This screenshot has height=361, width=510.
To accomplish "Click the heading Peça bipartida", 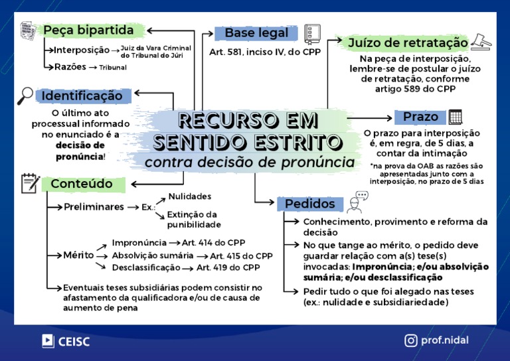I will click(88, 31).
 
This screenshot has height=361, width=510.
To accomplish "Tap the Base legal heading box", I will click(256, 33).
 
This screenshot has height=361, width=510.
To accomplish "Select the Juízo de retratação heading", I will click(408, 43).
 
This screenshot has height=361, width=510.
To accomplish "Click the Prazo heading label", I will click(420, 117).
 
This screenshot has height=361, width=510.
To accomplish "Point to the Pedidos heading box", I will click(310, 203).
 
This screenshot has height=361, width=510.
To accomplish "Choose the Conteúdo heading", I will click(82, 184).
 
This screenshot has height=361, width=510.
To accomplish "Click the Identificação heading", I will click(82, 96).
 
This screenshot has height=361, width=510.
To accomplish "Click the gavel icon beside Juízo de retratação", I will click(481, 41).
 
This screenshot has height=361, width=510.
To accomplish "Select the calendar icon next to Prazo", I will click(456, 117).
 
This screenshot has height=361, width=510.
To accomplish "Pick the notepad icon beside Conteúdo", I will click(29, 183).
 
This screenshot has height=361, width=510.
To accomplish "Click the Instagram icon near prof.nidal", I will click(411, 340).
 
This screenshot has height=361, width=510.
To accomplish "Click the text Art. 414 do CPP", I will click(214, 242).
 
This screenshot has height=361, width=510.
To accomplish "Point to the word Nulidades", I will click(190, 196).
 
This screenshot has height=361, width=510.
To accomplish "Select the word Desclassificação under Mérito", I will click(146, 267).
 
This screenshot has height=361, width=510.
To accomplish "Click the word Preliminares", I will click(94, 207).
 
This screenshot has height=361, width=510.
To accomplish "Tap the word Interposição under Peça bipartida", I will click(82, 50).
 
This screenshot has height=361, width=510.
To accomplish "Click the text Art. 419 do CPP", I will click(228, 267).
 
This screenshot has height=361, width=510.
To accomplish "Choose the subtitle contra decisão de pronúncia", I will click(249, 162).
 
